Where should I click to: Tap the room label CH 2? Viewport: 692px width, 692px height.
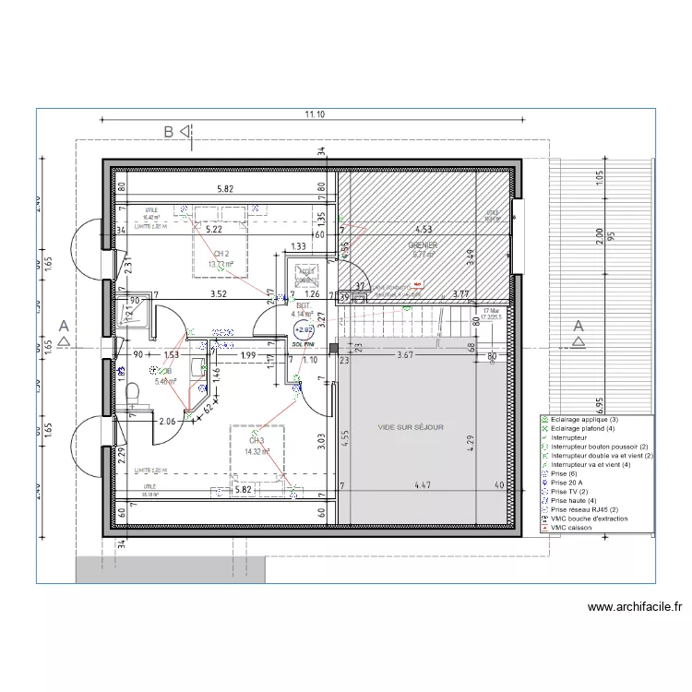pyautogui.click(x=221, y=254)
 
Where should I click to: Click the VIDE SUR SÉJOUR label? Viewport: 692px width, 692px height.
pyautogui.click(x=411, y=427)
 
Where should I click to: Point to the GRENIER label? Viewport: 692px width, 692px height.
pyautogui.click(x=424, y=245)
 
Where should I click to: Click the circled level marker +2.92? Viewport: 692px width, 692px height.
pyautogui.click(x=304, y=328)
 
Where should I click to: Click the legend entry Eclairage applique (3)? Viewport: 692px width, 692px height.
pyautogui.click(x=585, y=420)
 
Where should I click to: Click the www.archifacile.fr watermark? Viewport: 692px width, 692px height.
pyautogui.click(x=634, y=607)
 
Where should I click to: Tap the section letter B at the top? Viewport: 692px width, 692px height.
pyautogui.click(x=169, y=132)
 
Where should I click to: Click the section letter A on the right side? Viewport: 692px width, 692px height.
pyautogui.click(x=578, y=326)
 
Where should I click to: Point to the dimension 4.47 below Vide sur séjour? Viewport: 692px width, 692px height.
pyautogui.click(x=423, y=485)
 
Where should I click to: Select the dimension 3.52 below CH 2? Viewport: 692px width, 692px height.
pyautogui.click(x=218, y=295)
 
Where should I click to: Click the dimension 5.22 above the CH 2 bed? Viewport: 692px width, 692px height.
pyautogui.click(x=215, y=228)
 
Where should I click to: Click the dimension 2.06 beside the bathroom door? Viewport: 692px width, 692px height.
pyautogui.click(x=167, y=422)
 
